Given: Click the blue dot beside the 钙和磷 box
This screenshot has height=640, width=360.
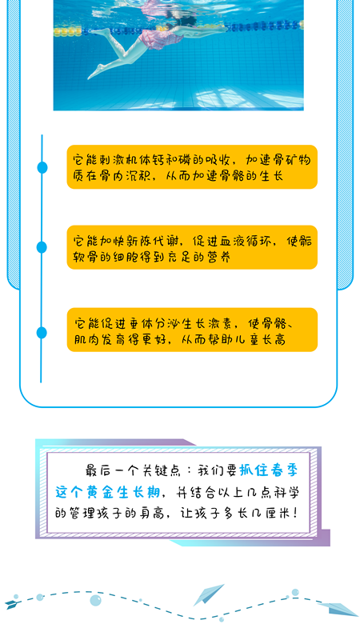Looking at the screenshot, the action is point(42,167).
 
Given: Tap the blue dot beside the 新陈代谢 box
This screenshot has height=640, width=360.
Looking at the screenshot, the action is point(42,247).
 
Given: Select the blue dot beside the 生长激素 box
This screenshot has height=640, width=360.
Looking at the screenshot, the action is point(42,333).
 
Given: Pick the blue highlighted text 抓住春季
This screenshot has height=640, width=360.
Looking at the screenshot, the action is point(269,470).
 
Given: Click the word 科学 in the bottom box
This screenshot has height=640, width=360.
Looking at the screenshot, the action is point(287,492).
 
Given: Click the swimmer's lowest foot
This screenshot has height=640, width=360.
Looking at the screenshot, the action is point(93,74).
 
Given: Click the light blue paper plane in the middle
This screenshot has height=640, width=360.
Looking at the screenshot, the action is point(208,594).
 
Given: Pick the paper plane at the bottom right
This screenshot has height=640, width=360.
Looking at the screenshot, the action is point(338,609).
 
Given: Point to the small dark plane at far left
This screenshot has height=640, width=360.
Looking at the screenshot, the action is point(13,605).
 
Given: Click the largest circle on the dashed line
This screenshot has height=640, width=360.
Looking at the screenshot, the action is point(95,600).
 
